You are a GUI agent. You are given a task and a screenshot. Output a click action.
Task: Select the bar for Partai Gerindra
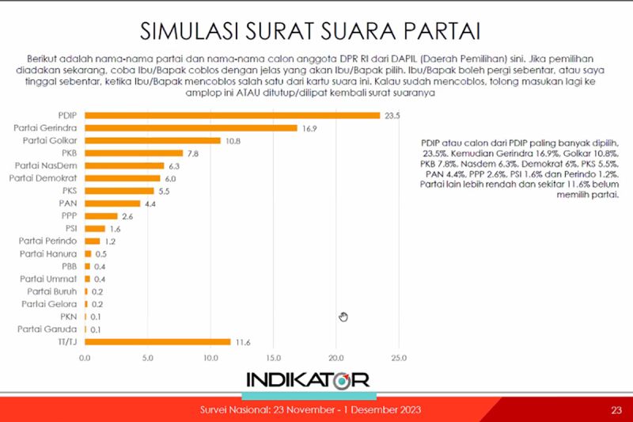pos(191,127)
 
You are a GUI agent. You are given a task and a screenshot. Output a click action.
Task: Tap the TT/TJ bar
pos(157,342)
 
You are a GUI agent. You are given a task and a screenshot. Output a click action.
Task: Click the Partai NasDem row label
pos(46,165)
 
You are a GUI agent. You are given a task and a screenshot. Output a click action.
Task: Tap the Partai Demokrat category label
pos(43,178)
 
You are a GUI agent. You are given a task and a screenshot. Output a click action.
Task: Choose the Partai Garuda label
pos(48,329)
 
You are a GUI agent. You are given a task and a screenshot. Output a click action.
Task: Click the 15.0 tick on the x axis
pos(273,358)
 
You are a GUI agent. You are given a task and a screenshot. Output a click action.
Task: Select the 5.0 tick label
pos(147,358)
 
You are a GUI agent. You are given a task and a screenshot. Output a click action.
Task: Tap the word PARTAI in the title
pos(443,32)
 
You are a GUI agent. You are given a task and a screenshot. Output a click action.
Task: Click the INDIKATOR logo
pos(308,380)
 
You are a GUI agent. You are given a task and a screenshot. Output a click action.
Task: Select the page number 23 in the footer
pos(616,410)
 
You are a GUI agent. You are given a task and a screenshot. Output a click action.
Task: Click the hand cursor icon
pos(343,317)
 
